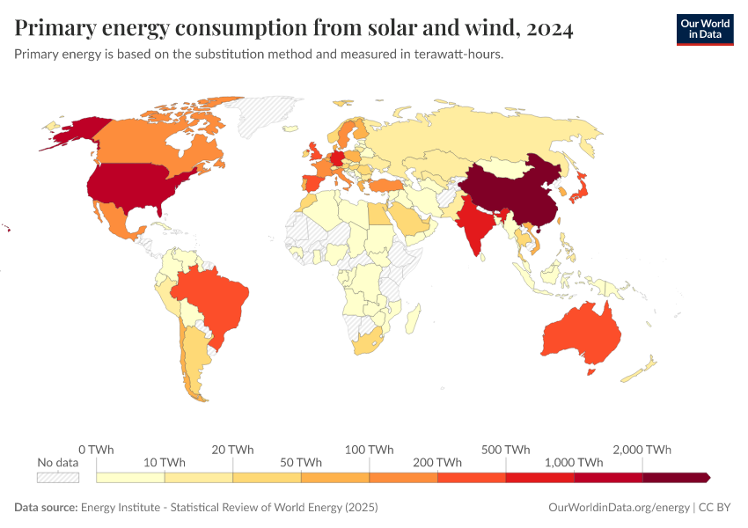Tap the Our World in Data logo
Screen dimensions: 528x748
click(x=704, y=28)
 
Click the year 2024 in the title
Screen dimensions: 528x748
click(x=550, y=28)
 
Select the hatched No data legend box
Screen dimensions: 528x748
click(x=58, y=477)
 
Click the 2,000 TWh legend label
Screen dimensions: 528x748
click(x=642, y=450)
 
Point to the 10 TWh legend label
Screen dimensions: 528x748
click(x=165, y=462)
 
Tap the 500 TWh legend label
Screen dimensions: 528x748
click(x=506, y=450)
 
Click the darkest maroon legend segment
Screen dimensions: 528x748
click(x=675, y=477)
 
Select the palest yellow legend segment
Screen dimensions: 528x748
click(x=130, y=477)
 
